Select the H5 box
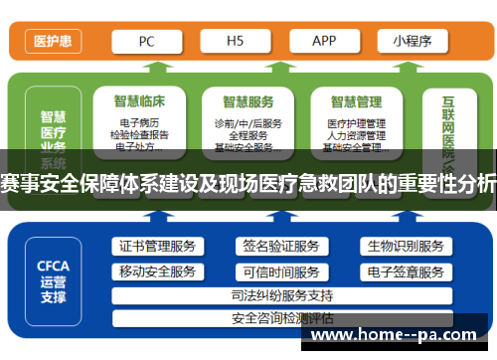click(236, 41)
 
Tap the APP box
click(324, 41)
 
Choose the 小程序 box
click(412, 41)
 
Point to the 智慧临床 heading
click(139, 100)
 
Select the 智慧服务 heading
click(248, 100)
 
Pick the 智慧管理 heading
click(355, 100)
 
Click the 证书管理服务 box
click(157, 246)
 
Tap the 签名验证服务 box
click(280, 246)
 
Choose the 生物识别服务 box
click(405, 246)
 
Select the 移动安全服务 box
click(157, 271)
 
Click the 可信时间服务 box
click(280, 271)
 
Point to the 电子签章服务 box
click(405, 271)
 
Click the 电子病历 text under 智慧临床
click(139, 123)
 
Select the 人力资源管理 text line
click(355, 135)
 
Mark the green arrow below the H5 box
click(234, 68)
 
